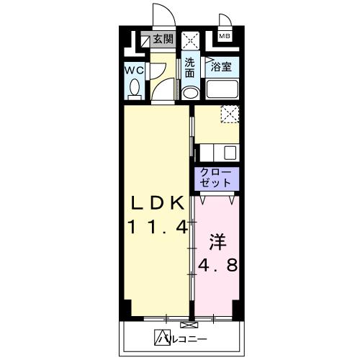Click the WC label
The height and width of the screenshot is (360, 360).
coord(134,71)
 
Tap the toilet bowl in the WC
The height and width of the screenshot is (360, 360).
coord(135,89)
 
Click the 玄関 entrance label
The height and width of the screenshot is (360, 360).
coord(163,40)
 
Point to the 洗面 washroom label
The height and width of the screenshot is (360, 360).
coord(189,67)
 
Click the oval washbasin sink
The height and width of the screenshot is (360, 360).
coord(190,93)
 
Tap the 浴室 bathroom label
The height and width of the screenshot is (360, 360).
coord(221,68)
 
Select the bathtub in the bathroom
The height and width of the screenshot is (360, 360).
coord(223,90)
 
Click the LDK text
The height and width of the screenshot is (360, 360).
coord(159,201)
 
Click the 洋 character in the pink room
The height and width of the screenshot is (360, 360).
coord(218,239)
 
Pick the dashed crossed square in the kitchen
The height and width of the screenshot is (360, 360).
coord(230,114)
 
